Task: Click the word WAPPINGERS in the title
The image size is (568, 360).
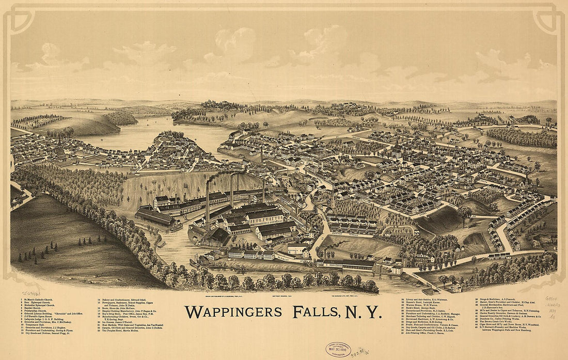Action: click(x=233, y=312)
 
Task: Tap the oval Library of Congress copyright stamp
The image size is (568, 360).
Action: click(x=338, y=350)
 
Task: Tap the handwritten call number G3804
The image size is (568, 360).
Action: click(x=551, y=299)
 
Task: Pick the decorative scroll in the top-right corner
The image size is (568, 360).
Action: click(x=548, y=21)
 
